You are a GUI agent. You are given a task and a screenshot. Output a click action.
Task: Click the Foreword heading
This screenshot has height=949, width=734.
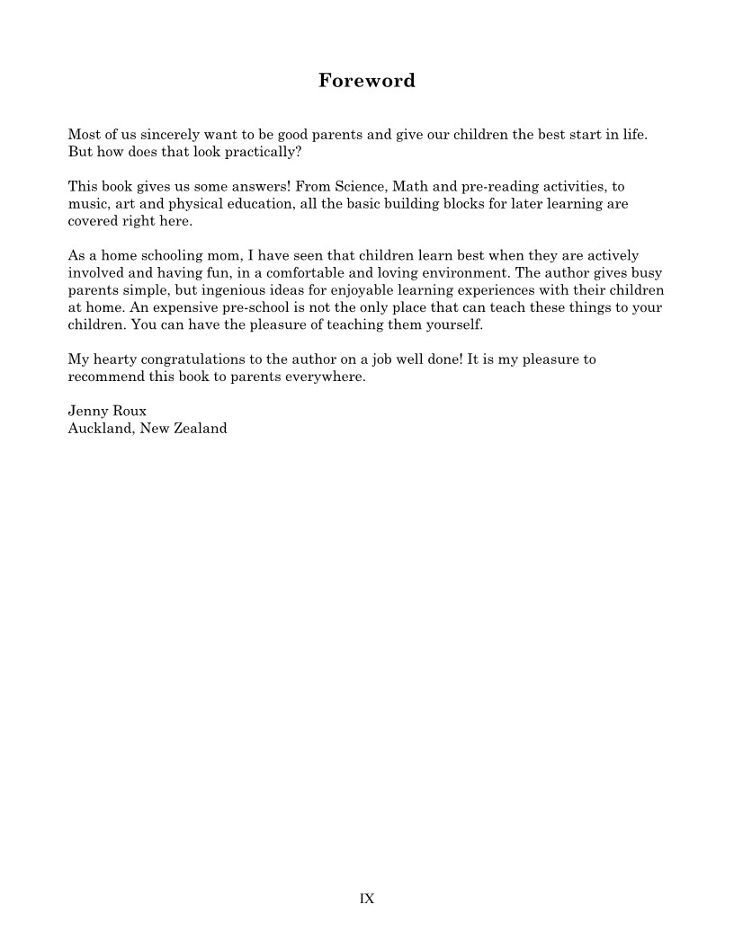tap(367, 81)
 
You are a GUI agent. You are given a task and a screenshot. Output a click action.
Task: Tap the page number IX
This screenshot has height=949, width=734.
tap(367, 899)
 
